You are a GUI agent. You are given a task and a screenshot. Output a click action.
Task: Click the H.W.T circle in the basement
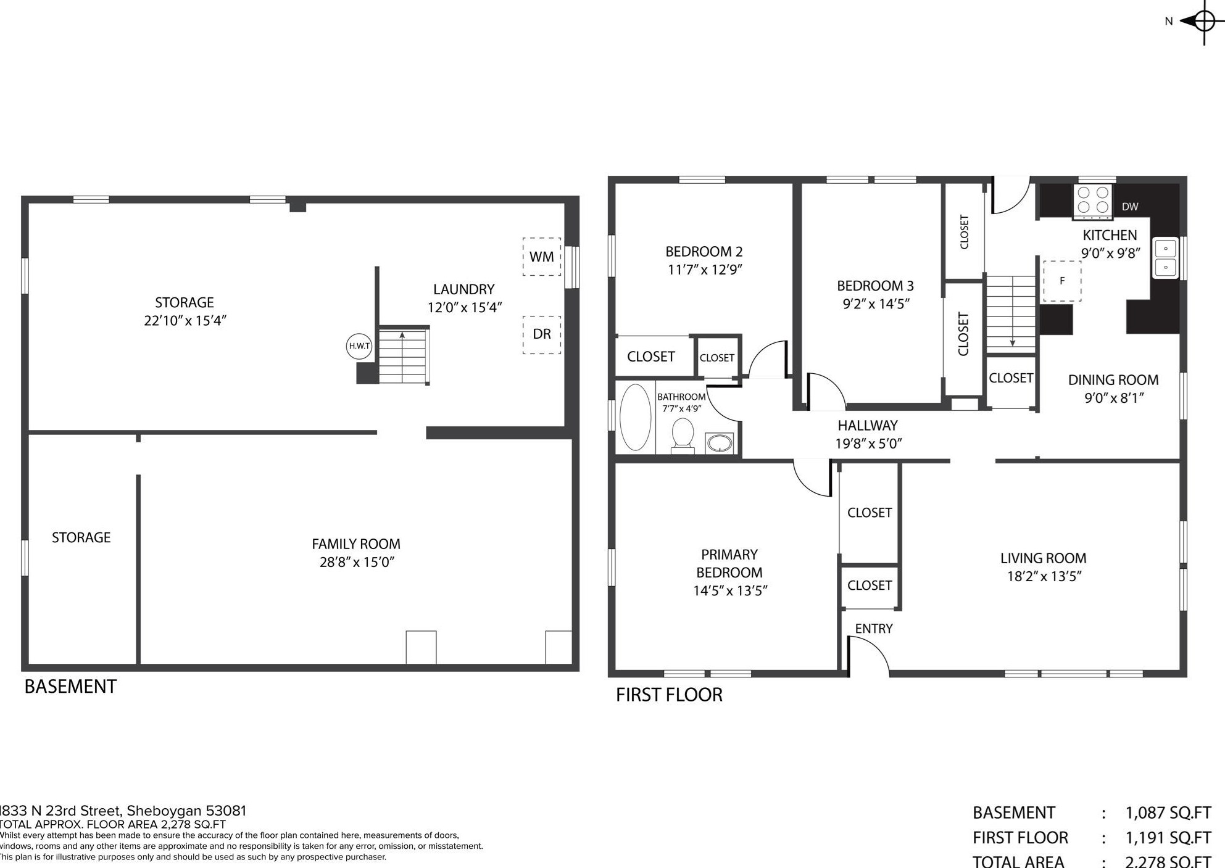359,346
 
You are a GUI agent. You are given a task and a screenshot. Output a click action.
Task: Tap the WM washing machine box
542,257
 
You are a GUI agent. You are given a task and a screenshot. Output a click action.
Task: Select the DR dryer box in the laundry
542,334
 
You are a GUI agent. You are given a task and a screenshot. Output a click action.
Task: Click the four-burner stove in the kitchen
1094,201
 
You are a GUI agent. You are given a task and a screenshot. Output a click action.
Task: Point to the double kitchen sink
1166,258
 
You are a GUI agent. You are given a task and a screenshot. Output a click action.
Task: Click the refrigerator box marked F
1062,281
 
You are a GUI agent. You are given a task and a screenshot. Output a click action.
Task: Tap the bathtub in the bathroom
635,417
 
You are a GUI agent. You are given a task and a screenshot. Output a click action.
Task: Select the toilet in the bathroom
683,436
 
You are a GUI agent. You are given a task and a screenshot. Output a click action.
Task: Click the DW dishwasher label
1130,207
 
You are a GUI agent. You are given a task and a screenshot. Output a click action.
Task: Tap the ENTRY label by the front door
874,629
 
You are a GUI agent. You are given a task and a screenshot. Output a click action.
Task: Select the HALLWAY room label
868,425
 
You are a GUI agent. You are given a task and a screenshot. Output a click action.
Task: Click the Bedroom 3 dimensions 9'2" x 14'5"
876,304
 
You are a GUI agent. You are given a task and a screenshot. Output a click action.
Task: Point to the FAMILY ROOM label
356,544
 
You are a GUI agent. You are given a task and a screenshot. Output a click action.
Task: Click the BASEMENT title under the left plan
70,687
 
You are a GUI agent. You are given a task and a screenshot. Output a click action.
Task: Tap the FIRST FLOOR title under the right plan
669,695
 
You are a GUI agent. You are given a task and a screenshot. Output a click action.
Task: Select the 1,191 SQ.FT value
1168,838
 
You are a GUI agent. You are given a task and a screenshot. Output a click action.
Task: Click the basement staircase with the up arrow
404,356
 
